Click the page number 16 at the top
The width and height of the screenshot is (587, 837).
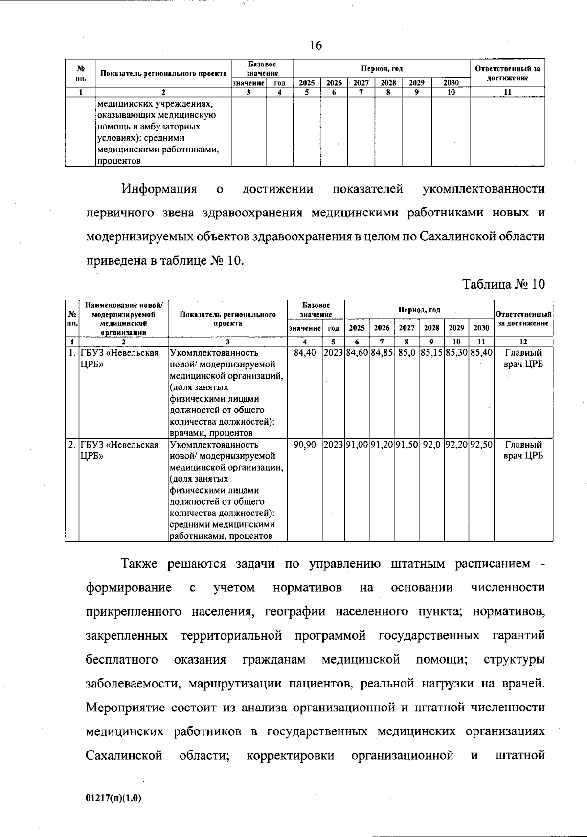click(x=316, y=45)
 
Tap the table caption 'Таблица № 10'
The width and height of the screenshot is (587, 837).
click(x=503, y=284)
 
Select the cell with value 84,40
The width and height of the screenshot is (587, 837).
click(x=305, y=352)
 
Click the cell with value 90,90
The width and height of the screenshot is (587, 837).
click(x=305, y=445)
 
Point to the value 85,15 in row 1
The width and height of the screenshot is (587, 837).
click(x=431, y=352)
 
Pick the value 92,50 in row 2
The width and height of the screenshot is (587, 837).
click(x=481, y=445)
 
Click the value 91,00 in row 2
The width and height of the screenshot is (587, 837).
click(x=357, y=445)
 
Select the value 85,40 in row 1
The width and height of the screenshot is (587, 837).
click(x=481, y=352)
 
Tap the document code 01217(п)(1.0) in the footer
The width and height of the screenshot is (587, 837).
click(x=113, y=798)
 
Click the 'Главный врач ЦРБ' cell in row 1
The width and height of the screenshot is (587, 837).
click(x=523, y=358)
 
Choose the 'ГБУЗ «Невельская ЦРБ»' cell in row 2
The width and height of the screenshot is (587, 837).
click(x=119, y=450)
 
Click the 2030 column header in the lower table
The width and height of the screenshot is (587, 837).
click(x=481, y=328)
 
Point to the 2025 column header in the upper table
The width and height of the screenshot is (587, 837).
click(x=307, y=83)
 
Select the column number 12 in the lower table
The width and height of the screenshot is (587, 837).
click(x=523, y=342)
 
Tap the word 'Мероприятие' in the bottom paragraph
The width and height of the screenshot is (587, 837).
click(x=127, y=708)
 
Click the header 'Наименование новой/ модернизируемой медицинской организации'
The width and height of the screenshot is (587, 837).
click(x=123, y=319)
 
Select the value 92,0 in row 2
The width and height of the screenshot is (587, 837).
click(x=431, y=445)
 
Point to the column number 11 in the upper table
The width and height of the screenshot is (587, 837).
click(x=507, y=91)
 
